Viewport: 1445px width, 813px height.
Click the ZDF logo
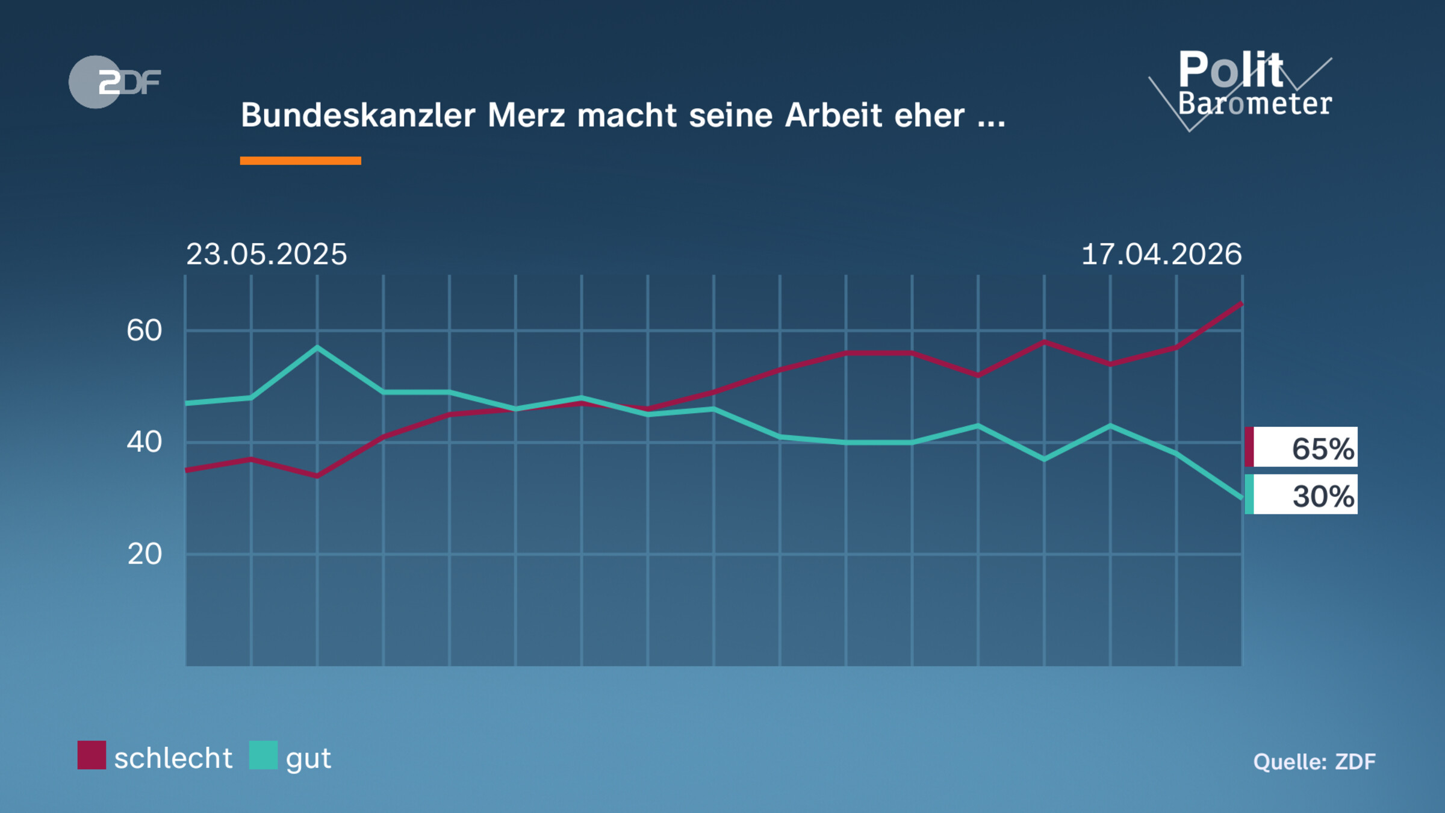(114, 82)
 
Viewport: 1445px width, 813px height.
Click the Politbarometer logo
(1246, 87)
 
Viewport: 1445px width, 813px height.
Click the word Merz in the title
(526, 115)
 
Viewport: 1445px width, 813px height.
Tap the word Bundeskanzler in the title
(358, 115)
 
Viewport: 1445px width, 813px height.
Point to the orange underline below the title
(300, 161)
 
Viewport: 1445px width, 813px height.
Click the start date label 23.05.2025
(266, 254)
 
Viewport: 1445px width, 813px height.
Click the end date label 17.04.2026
(1161, 254)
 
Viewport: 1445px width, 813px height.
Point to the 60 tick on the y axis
(144, 331)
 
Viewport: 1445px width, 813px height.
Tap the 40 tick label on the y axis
(144, 443)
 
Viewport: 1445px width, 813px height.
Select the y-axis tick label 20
(144, 554)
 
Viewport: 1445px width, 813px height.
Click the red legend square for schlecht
(92, 755)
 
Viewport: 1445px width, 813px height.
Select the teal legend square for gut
(263, 755)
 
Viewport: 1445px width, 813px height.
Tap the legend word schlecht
(173, 758)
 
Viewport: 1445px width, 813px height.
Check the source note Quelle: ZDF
(1314, 762)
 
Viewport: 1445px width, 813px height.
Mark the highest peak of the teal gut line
(317, 347)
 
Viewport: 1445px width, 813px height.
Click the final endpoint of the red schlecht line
(1241, 304)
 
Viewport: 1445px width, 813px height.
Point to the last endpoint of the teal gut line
(1241, 498)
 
